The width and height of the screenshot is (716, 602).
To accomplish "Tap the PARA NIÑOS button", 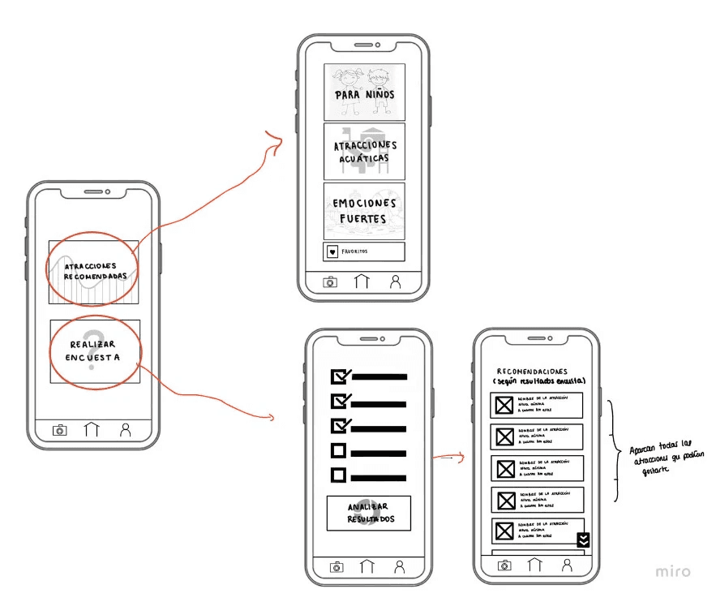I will click(x=364, y=92).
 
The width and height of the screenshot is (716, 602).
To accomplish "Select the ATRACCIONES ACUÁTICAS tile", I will click(x=364, y=151).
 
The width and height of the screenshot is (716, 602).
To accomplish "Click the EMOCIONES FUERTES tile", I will click(x=364, y=210).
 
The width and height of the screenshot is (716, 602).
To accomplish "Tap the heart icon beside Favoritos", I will click(x=332, y=252).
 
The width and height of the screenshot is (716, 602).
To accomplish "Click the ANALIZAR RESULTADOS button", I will click(x=369, y=513).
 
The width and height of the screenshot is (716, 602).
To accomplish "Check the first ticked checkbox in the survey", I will click(x=340, y=376).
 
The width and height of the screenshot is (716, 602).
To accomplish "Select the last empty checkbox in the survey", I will click(x=339, y=475).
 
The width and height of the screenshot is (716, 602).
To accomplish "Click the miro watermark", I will click(x=673, y=572).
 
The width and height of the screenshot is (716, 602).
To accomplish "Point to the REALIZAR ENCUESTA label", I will click(x=94, y=350).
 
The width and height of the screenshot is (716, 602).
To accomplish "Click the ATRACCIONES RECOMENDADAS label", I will click(x=96, y=271).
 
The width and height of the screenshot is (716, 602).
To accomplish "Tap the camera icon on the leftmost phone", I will click(x=59, y=430).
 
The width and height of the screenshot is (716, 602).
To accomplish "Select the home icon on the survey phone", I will click(x=367, y=567).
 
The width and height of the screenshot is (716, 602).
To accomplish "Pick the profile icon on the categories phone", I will click(x=396, y=282).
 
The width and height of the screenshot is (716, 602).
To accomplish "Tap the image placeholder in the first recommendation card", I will click(x=504, y=405).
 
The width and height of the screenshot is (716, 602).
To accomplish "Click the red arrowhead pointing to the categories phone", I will click(x=278, y=144).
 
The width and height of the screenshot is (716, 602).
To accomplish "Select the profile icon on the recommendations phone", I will click(x=566, y=566).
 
